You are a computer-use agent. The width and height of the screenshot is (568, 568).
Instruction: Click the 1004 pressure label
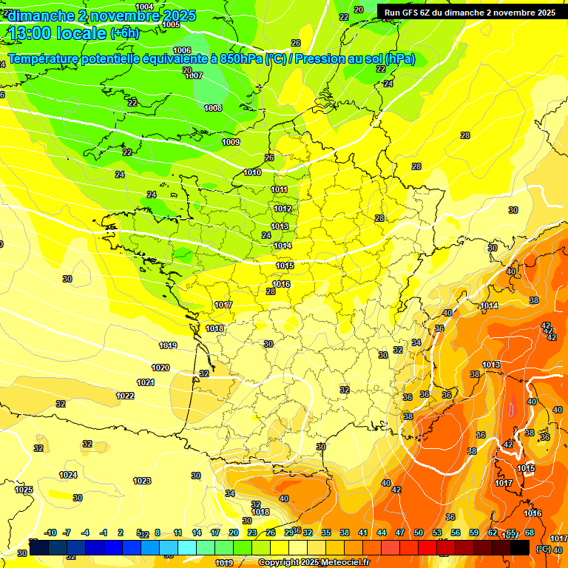(145, 7)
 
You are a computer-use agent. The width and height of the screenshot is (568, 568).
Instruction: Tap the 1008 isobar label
(213, 108)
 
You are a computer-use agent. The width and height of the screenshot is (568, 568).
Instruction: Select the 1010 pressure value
(252, 172)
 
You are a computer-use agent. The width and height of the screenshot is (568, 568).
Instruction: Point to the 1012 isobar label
(283, 209)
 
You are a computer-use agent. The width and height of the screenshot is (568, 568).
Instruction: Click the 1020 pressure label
(160, 368)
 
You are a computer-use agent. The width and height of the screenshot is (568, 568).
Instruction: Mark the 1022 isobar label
(125, 396)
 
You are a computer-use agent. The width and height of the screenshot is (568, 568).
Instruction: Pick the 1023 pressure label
(142, 481)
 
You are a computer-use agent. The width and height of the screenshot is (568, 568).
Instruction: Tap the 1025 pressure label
(24, 490)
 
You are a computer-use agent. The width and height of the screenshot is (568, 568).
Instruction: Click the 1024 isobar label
(68, 475)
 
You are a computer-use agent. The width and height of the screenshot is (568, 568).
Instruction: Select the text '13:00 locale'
(58, 33)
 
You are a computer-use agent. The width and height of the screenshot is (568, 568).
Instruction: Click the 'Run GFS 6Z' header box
(470, 13)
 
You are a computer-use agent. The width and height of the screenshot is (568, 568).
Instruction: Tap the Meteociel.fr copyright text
(314, 562)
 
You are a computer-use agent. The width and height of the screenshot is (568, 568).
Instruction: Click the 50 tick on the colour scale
(419, 532)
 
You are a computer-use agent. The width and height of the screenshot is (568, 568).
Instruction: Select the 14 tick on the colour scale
(197, 532)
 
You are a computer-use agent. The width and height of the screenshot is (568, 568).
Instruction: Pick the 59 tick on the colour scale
(474, 532)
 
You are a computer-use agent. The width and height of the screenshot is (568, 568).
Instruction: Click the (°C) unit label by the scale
(544, 549)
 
